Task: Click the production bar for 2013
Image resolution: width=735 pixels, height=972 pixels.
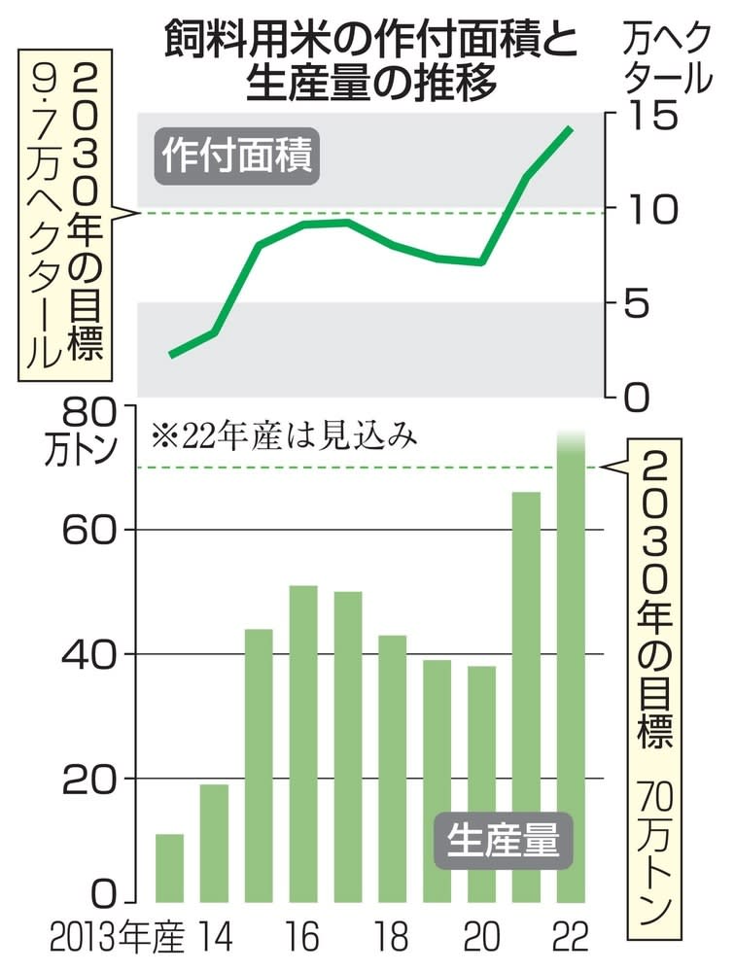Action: tap(169, 867)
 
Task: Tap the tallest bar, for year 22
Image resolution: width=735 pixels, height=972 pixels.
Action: tap(571, 671)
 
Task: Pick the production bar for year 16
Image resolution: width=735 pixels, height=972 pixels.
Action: tap(303, 744)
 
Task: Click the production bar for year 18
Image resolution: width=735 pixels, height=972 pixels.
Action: tap(392, 768)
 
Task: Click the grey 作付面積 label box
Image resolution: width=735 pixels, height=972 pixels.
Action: tap(234, 156)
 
